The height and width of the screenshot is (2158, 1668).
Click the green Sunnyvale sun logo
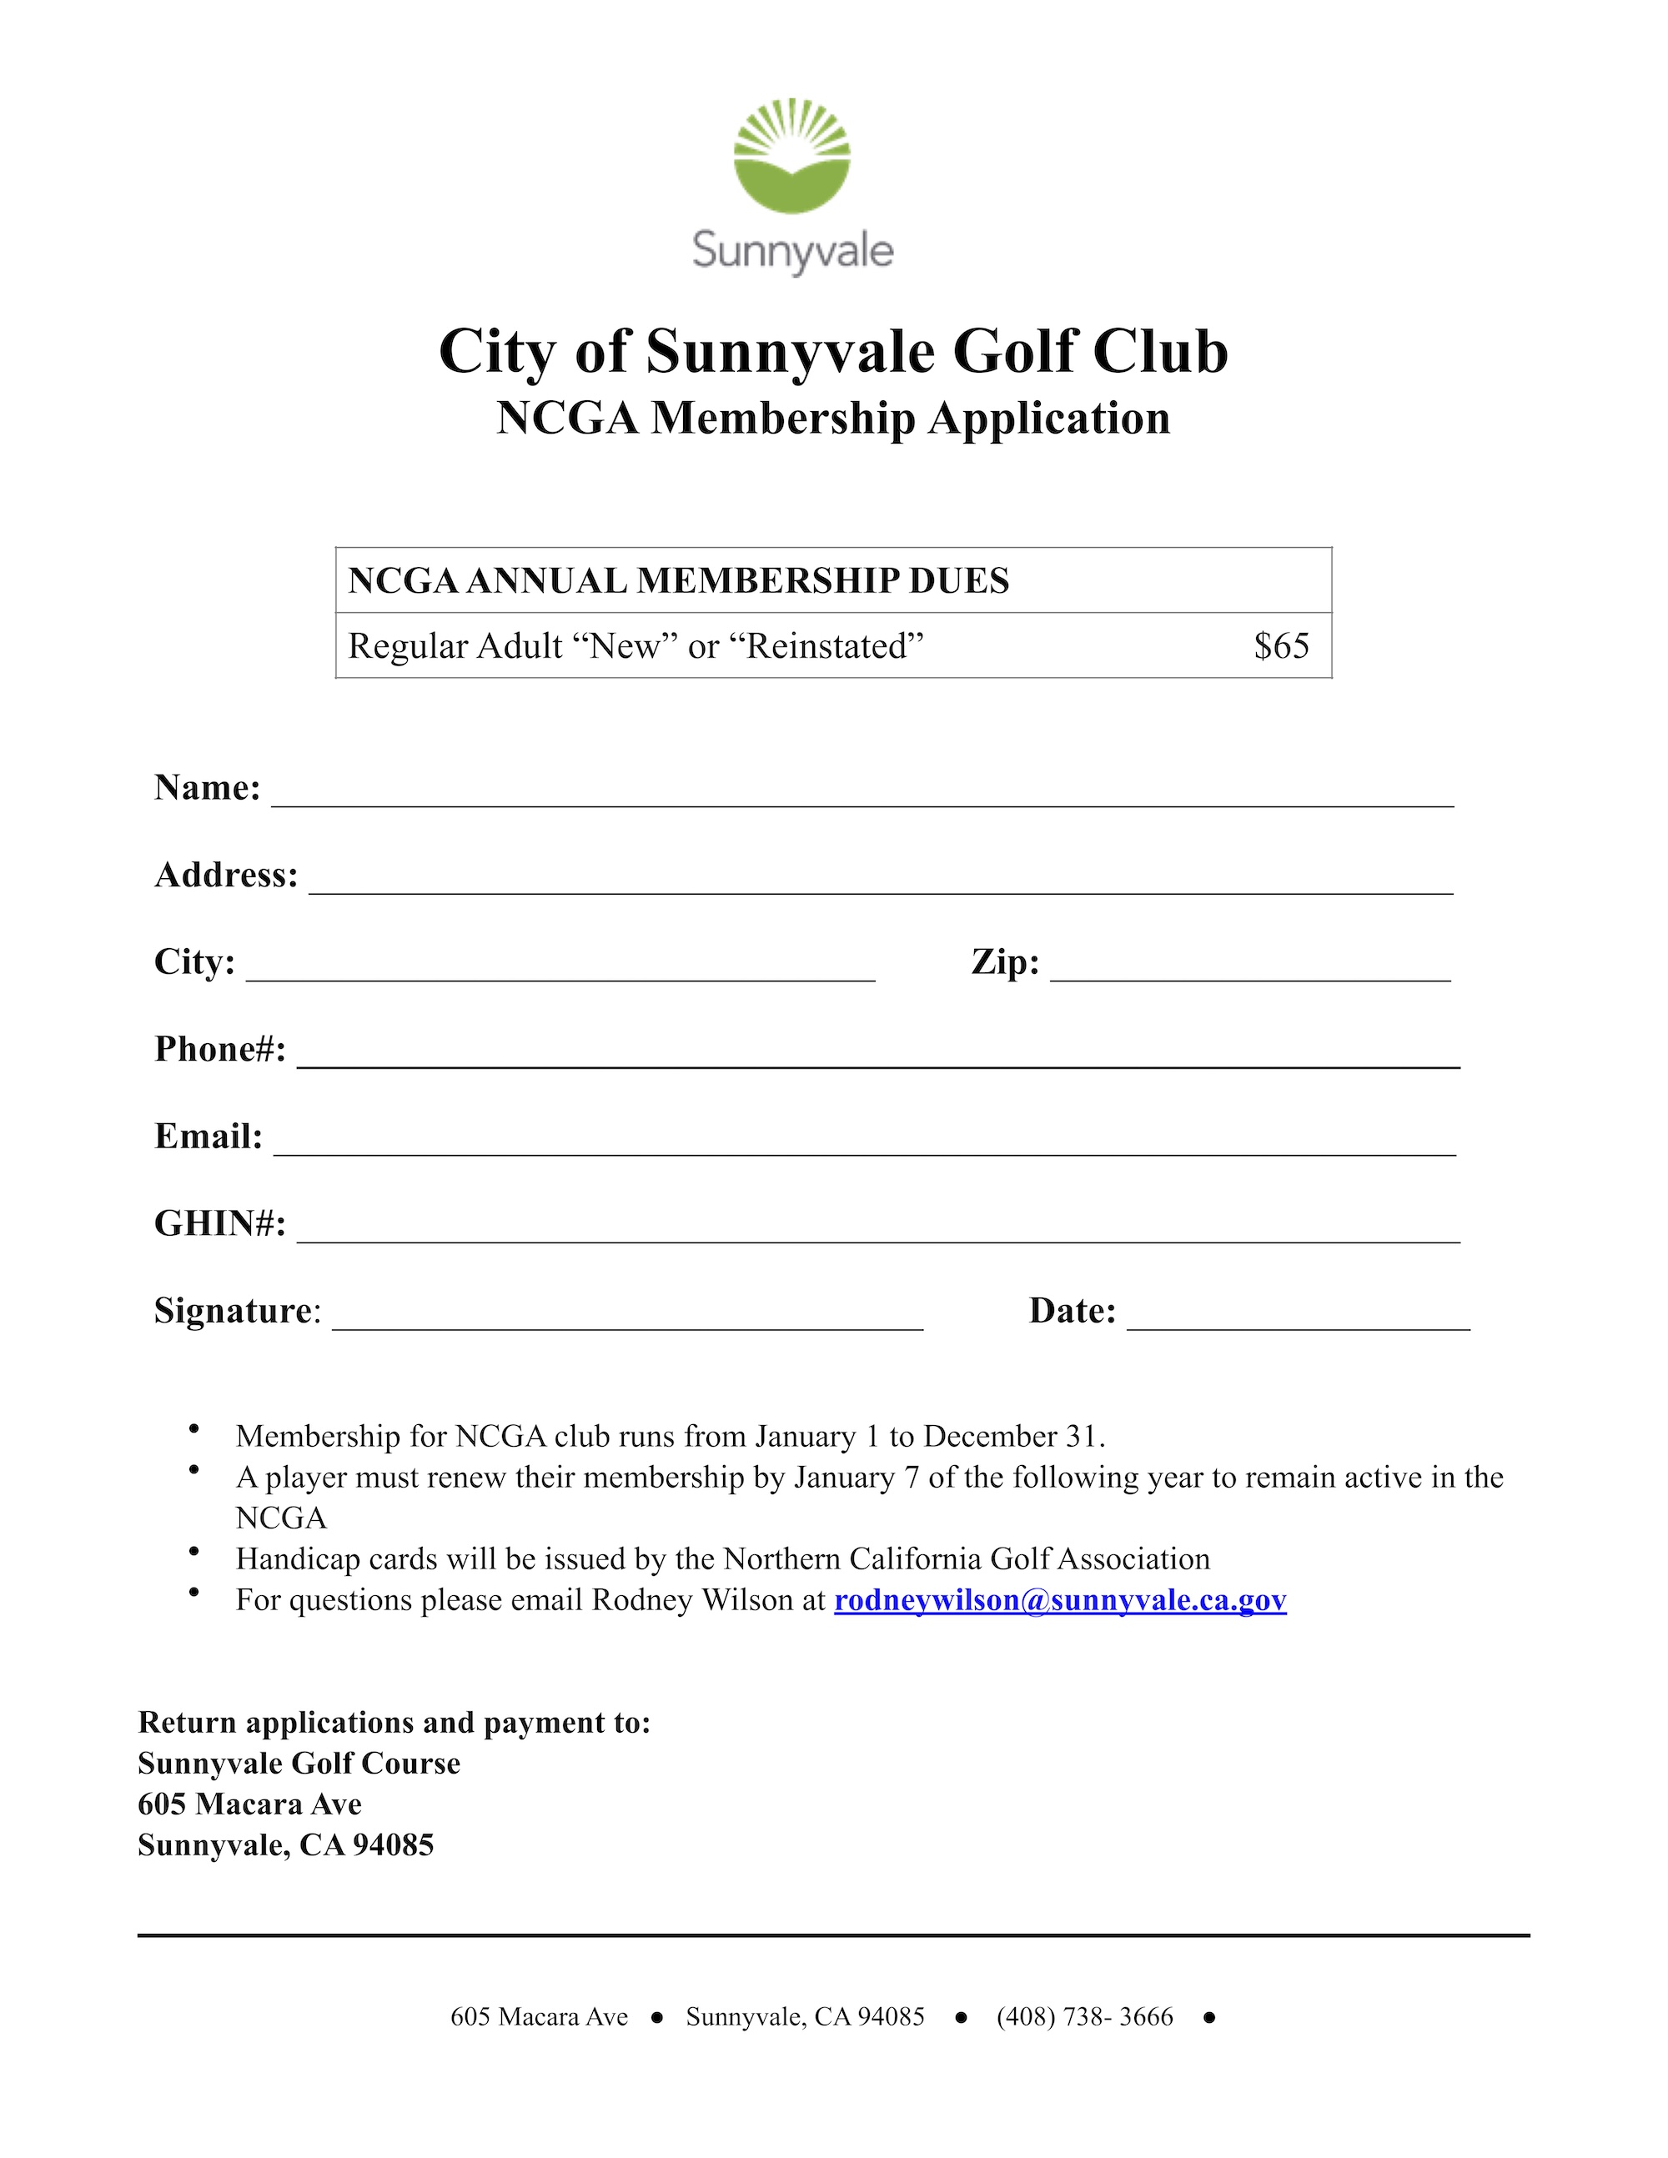(x=791, y=156)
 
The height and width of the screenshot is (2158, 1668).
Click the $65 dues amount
(x=1281, y=646)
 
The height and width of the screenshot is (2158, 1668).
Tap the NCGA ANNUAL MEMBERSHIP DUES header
(x=679, y=581)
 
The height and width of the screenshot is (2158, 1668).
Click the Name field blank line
(x=862, y=795)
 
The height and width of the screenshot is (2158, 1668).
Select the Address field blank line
(x=881, y=882)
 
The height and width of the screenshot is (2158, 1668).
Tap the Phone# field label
(x=220, y=1049)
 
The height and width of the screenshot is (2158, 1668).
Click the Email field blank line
(x=864, y=1144)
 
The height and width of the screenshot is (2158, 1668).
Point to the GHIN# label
(x=220, y=1224)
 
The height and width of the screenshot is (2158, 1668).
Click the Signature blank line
(x=627, y=1319)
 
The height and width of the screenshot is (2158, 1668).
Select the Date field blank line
(x=1298, y=1319)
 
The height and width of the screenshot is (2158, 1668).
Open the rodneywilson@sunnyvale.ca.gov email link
(x=1059, y=1599)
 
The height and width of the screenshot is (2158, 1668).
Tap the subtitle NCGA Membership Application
(x=833, y=418)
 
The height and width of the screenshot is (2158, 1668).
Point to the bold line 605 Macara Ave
(x=250, y=1804)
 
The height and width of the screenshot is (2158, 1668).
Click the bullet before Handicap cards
(x=194, y=1553)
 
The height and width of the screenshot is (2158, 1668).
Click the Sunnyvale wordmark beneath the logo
(x=792, y=250)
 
